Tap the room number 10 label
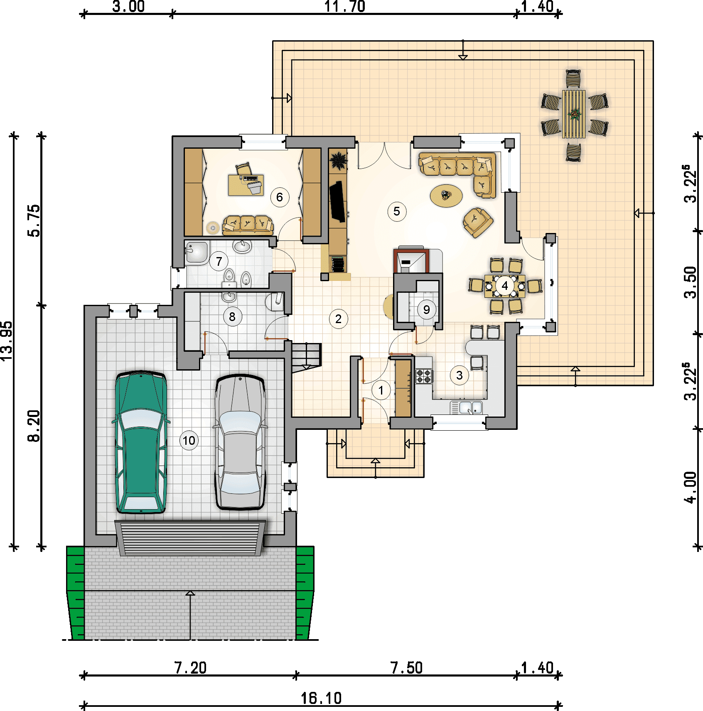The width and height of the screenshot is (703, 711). (189, 441)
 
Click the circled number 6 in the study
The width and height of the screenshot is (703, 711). (280, 197)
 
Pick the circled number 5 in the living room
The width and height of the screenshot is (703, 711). (397, 211)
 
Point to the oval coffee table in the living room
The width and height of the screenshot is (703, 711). (446, 195)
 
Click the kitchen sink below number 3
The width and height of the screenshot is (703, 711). (467, 407)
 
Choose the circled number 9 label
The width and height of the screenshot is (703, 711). (426, 309)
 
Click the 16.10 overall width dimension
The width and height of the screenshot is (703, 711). (321, 699)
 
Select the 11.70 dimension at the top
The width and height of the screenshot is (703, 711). (345, 7)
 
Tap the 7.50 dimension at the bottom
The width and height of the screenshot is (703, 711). (406, 668)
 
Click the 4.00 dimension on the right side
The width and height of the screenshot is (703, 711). (690, 488)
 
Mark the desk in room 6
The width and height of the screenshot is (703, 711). (246, 185)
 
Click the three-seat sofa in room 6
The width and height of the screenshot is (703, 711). (248, 225)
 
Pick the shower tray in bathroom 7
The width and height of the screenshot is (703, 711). (197, 253)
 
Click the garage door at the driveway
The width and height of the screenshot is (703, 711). (190, 538)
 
